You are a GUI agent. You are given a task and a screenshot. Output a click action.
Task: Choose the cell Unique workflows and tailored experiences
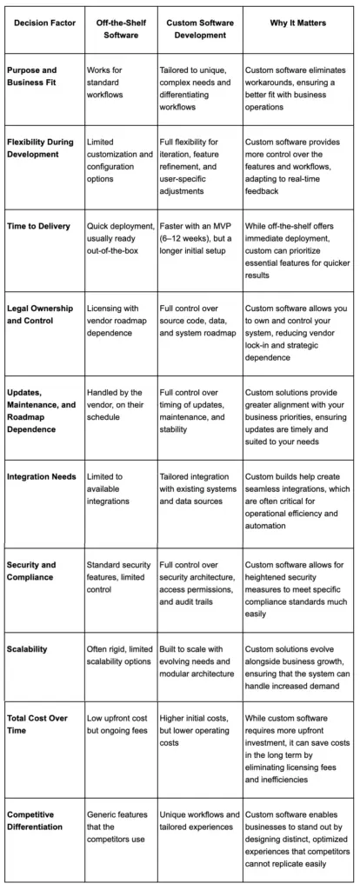[x=200, y=820]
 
